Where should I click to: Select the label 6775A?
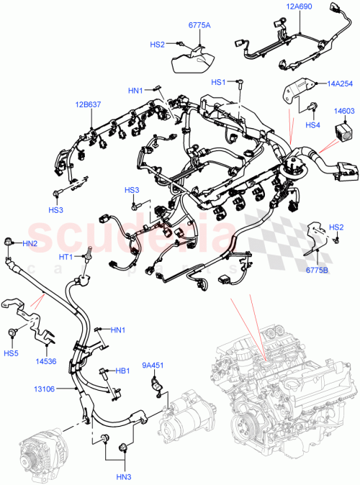point(199,26)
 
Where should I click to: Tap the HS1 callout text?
point(218,83)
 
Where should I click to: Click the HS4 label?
point(312,125)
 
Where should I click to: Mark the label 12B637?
point(91,105)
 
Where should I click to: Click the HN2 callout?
point(29,244)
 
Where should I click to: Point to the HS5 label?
point(10,353)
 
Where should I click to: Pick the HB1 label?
point(123,371)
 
